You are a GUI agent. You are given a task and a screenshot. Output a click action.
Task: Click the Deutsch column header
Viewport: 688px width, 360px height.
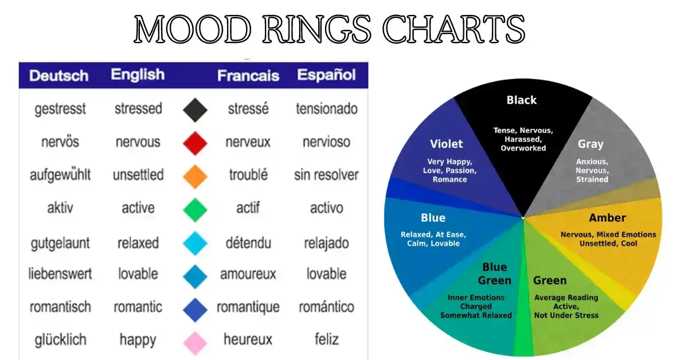coord(59,76)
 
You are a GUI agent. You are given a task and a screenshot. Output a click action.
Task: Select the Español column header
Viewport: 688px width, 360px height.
coord(326,75)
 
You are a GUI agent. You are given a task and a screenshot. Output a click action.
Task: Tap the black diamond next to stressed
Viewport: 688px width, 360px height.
coord(195,109)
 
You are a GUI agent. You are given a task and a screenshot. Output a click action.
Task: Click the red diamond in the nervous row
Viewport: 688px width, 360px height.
coord(195,143)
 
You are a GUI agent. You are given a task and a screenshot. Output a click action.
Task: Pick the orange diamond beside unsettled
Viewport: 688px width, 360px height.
coord(195,176)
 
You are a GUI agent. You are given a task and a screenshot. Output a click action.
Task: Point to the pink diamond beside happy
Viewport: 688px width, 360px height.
coord(195,342)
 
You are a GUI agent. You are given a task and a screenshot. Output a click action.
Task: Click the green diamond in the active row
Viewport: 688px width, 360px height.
coord(195,209)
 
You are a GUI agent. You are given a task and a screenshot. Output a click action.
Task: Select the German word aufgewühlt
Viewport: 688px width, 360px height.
coord(60,175)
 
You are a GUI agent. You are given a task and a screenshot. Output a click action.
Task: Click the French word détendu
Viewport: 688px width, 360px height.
coord(248,242)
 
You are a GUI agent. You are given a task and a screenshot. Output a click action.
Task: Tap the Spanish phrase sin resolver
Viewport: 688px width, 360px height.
coord(326,175)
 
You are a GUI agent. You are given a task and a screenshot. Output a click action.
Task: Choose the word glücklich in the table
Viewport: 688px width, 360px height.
coord(60,339)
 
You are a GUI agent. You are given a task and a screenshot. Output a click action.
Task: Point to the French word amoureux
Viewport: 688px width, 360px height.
coord(248,274)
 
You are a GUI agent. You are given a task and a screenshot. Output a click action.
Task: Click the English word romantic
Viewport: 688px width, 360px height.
coord(138,307)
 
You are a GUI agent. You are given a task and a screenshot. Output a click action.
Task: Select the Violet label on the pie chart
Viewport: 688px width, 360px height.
coord(446,144)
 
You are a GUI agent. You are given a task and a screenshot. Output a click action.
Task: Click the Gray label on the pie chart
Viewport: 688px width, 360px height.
coord(591,144)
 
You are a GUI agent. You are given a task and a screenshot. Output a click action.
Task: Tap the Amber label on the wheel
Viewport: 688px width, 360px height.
coord(607,218)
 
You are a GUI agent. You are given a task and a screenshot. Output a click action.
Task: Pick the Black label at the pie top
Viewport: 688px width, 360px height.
coord(522,100)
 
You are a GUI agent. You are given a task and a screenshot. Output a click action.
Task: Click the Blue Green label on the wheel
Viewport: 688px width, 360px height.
coord(494,274)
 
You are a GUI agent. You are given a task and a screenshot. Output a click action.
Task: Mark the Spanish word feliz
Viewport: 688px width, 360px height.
coord(326,339)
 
